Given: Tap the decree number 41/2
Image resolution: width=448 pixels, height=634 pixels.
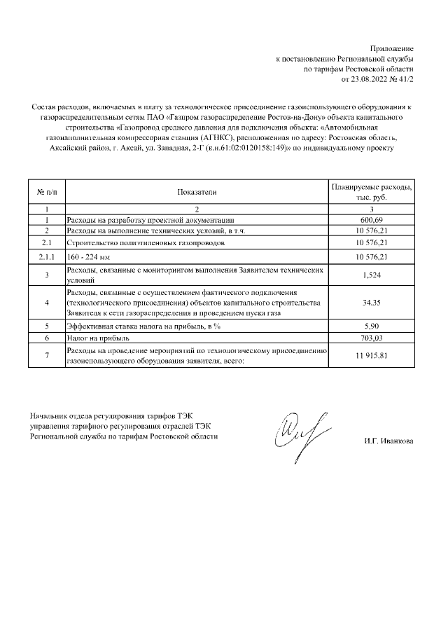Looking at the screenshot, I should pos(406,81).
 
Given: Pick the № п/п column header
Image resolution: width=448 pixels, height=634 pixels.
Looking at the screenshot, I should pos(46,191).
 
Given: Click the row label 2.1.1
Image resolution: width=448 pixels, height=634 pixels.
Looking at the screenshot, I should pos(46,256).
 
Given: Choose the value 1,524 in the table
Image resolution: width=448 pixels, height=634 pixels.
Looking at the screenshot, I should pos(372,275).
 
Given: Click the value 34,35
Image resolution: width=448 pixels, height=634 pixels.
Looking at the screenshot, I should pos(372,303).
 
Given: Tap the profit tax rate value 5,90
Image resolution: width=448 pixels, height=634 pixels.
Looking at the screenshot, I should pos(372,326).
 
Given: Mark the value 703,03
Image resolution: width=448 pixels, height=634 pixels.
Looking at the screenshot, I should pos(372,338).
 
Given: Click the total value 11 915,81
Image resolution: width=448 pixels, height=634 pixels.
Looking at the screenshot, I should pos(372,355).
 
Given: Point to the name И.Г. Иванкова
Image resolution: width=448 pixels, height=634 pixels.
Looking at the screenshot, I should pos(388,441).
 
